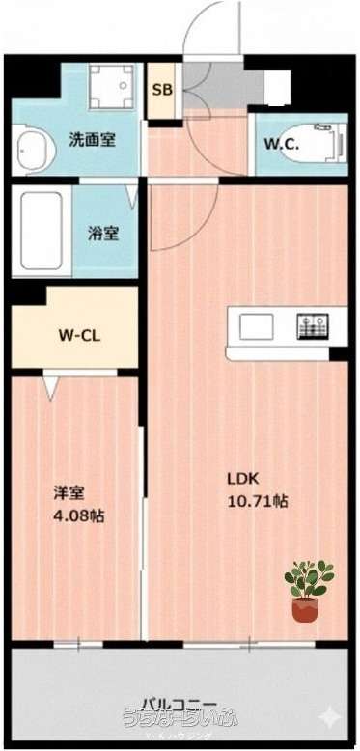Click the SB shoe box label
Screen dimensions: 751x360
click(162, 90)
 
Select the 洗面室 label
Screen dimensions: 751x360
click(93, 139)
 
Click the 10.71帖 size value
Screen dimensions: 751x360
click(256, 501)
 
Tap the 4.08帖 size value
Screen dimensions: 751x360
click(77, 515)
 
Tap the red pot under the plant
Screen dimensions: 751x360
click(305, 609)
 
